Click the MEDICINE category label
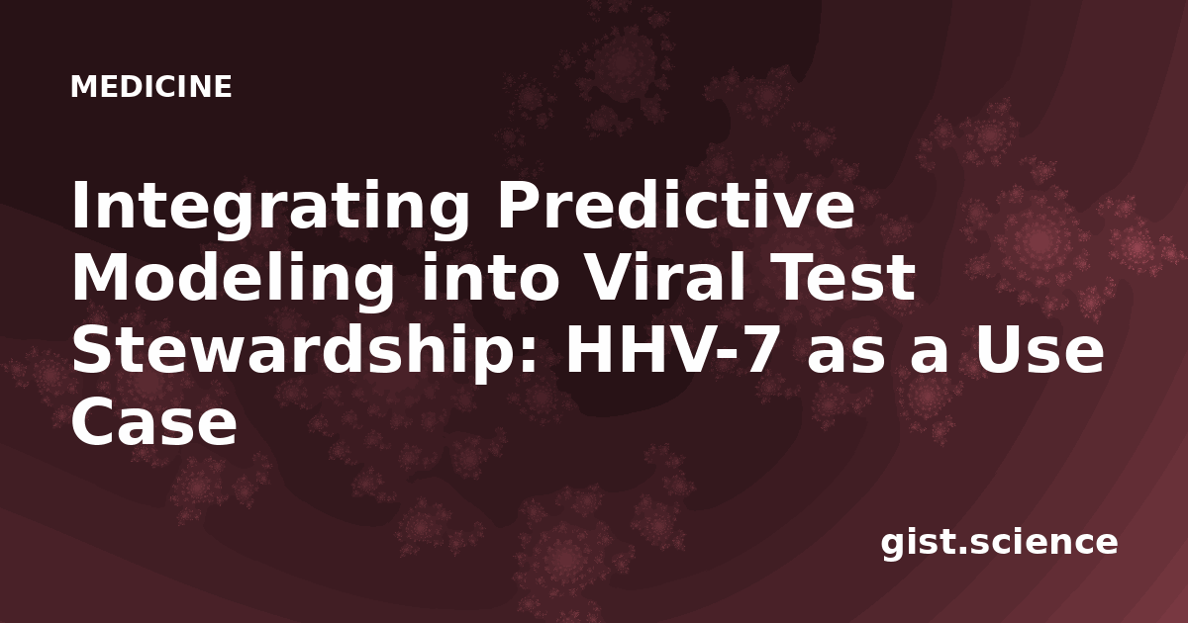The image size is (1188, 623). point(151,87)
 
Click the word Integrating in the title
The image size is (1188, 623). point(270,211)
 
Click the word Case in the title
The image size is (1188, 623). point(154,422)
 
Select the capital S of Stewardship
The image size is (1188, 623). point(92,350)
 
